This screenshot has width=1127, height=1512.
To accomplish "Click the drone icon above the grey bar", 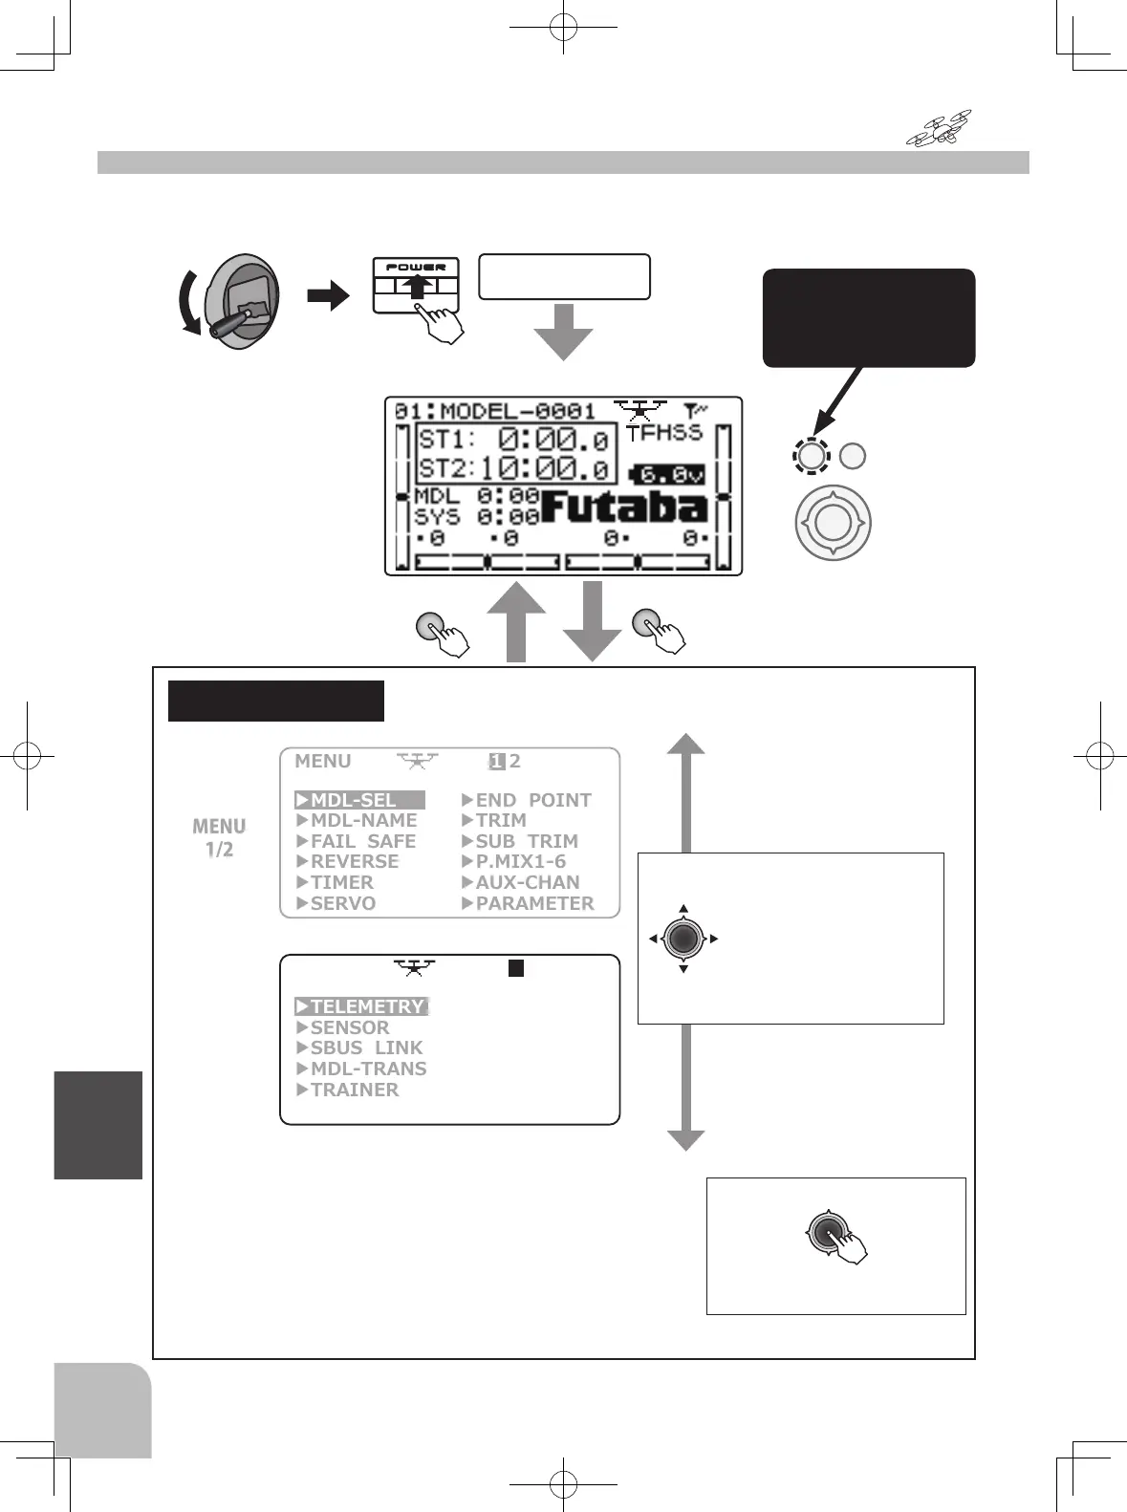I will (939, 128).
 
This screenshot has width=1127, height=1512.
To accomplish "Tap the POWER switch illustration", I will (416, 285).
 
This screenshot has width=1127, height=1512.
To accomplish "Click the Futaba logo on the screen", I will (624, 507).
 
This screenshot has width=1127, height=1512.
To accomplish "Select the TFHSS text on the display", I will (664, 433).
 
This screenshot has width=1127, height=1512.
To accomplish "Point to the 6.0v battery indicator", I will (669, 474).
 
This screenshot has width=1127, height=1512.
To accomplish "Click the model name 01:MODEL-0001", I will (495, 411).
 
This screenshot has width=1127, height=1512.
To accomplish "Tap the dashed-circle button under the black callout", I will (811, 456).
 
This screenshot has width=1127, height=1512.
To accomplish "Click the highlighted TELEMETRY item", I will (363, 1006).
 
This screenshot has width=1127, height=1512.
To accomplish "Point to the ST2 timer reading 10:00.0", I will (543, 468).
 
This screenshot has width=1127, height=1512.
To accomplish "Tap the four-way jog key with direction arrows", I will (683, 939).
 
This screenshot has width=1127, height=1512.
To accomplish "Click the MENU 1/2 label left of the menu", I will (219, 838).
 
